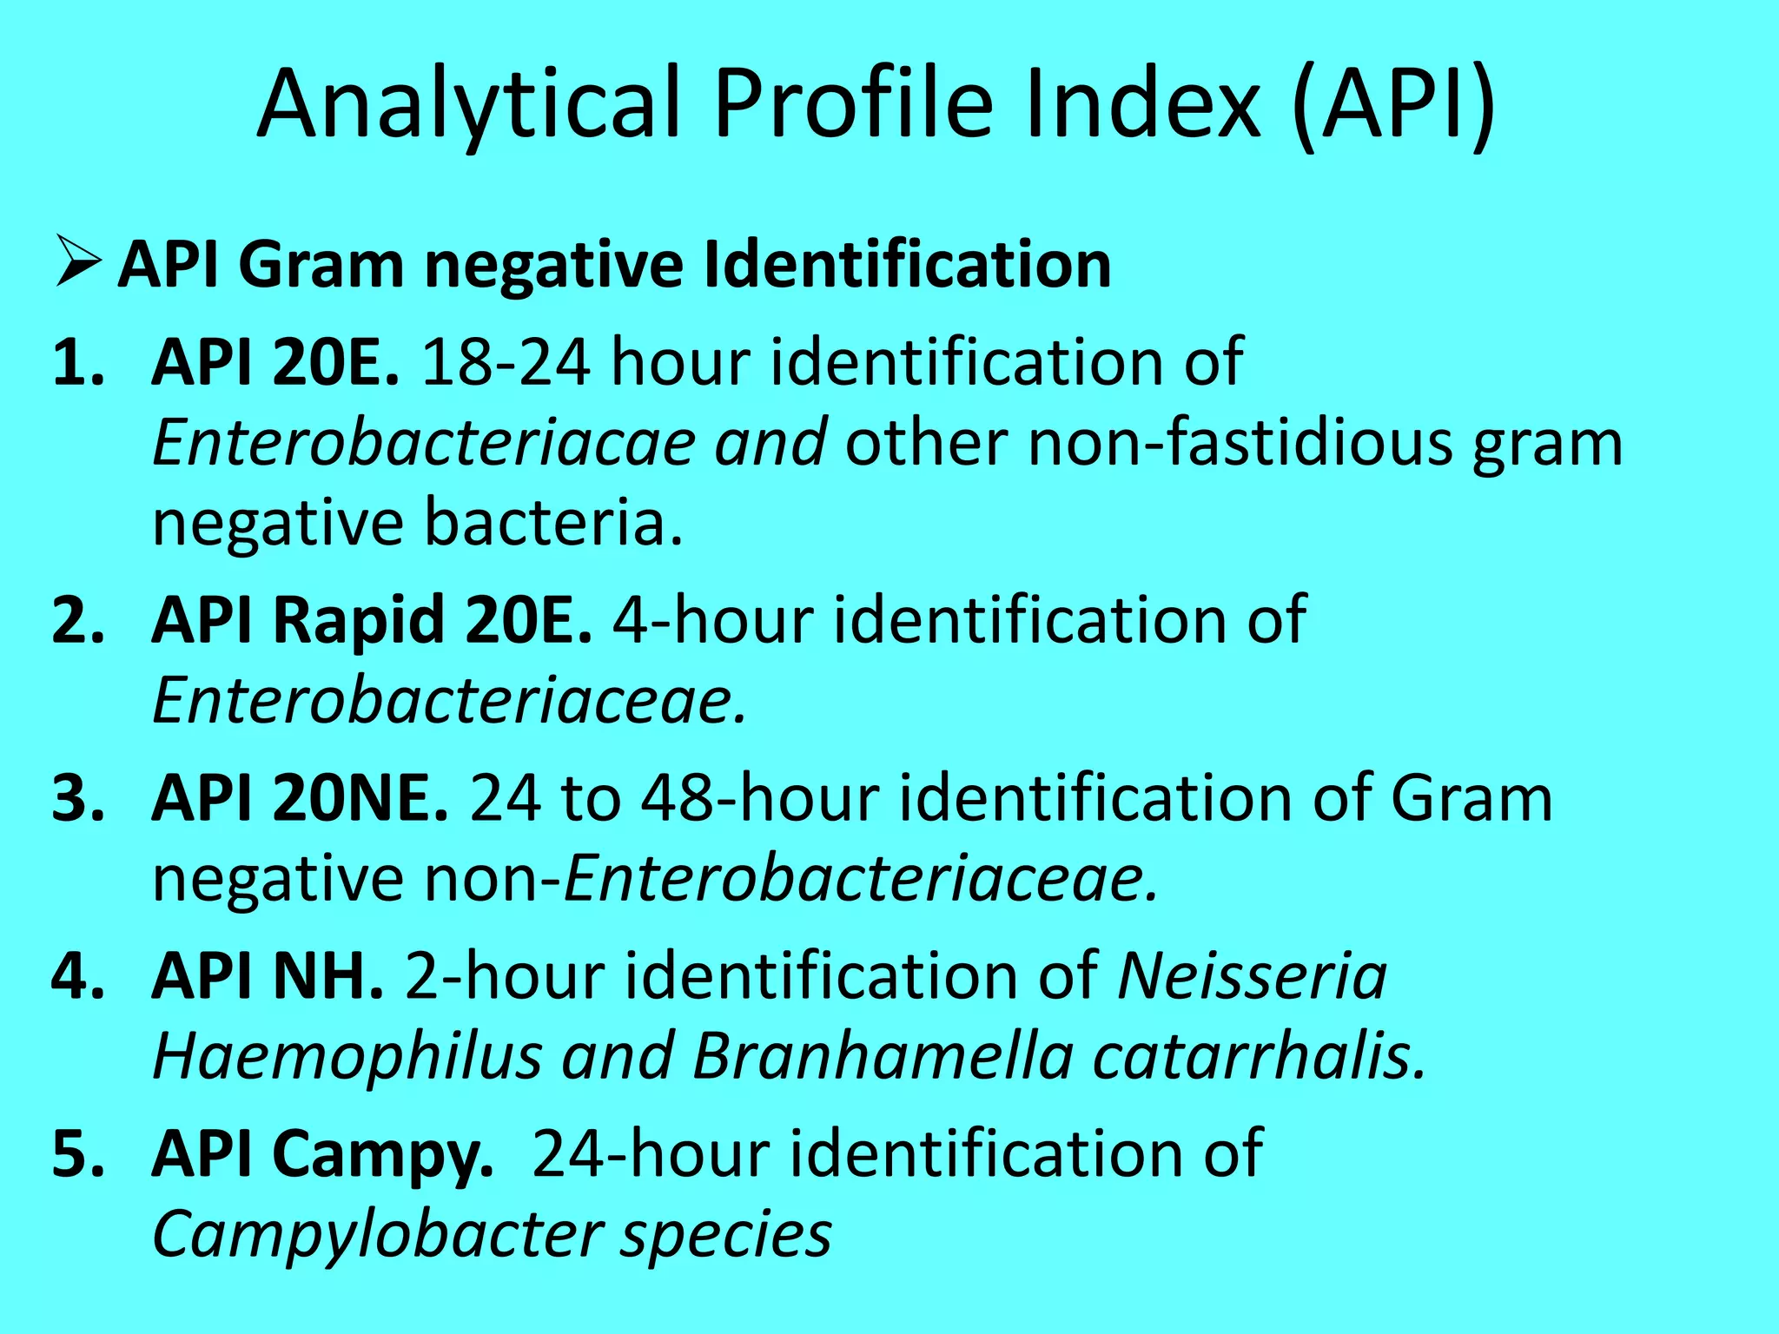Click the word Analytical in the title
[468, 105]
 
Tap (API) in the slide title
[1393, 105]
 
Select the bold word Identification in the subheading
[907, 264]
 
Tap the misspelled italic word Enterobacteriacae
[424, 442]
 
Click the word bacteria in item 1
[554, 523]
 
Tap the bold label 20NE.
[360, 798]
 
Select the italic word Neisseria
[1252, 976]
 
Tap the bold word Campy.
[383, 1154]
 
